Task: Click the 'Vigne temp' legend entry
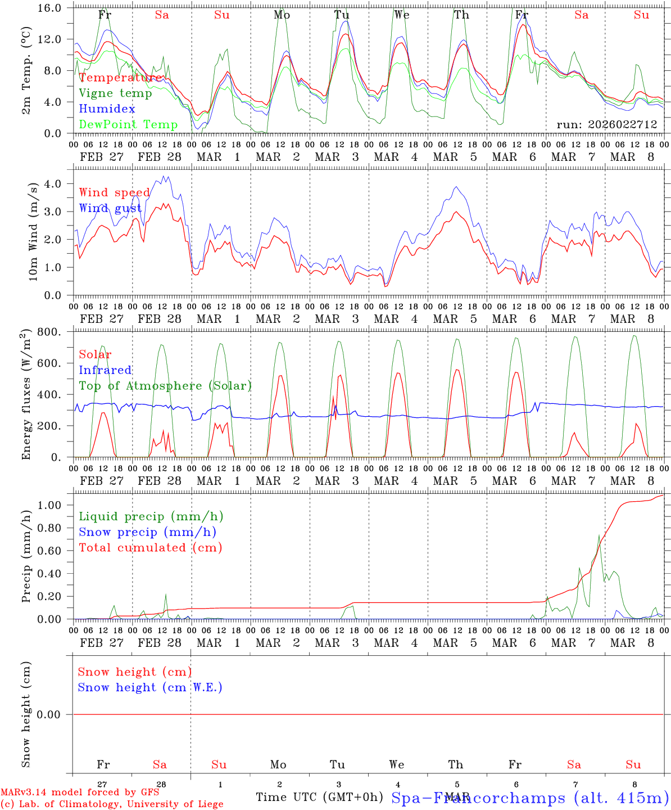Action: [x=115, y=93]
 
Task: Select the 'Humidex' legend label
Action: [x=107, y=109]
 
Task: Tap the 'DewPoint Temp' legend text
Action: [x=128, y=124]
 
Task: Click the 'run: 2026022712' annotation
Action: [x=607, y=124]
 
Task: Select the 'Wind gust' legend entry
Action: [x=111, y=208]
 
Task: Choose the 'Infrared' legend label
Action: [x=105, y=370]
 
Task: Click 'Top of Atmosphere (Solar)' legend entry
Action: [x=165, y=386]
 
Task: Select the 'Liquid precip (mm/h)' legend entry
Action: [x=151, y=516]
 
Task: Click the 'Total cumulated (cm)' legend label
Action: [x=151, y=547]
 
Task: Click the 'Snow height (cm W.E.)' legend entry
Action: [x=150, y=687]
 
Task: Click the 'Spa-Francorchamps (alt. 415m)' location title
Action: [x=530, y=798]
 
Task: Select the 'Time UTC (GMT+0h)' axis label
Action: [x=319, y=797]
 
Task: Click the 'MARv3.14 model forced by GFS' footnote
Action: [x=80, y=793]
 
